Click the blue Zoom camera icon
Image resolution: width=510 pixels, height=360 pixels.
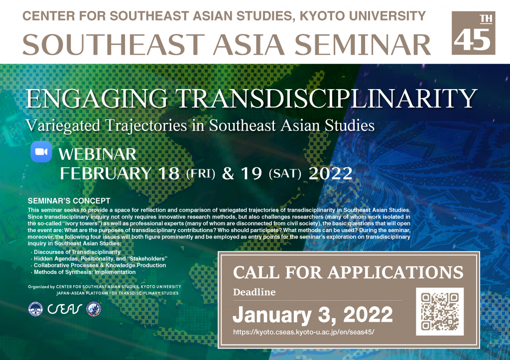coord(41,151)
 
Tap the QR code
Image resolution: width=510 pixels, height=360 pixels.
coord(440,312)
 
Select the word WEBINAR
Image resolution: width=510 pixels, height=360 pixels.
coord(97,154)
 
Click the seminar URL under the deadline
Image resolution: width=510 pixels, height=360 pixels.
coord(304,332)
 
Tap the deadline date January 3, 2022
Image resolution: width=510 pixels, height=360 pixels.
coord(313,315)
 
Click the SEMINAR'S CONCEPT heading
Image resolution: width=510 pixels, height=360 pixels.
coord(69,201)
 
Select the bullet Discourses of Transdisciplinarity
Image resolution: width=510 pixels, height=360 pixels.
coord(77,252)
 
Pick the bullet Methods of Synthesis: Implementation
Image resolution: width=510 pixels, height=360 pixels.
coord(85,272)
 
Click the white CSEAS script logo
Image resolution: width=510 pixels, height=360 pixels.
coord(65,309)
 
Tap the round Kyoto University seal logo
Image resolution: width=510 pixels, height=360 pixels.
coord(35,309)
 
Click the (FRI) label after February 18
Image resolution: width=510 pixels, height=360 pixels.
coord(201,174)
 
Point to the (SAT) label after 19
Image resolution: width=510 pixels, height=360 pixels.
coord(285,174)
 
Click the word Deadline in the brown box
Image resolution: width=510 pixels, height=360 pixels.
coord(255,292)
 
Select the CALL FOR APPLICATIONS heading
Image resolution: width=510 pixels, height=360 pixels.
coord(348,272)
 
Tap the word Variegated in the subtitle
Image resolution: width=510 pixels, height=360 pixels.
coord(63,126)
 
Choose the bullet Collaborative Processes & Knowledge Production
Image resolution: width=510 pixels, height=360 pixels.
coord(100,265)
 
